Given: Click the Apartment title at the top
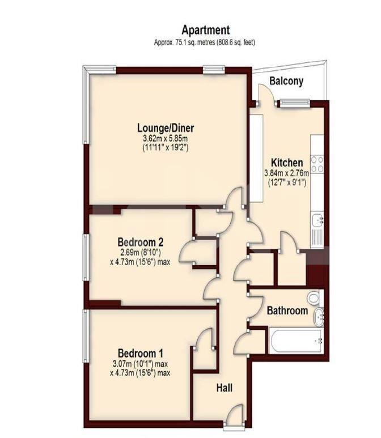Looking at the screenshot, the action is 205,30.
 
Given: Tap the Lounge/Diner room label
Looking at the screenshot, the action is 166,128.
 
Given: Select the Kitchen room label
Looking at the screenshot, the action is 287,162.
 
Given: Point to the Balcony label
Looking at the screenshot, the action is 286,80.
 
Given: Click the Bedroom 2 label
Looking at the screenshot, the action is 141,241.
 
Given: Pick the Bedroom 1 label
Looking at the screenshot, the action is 141,353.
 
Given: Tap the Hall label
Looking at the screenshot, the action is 225,388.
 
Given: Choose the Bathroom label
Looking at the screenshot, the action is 287,311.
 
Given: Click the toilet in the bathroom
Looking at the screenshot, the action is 315,298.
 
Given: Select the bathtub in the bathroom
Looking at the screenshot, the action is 295,341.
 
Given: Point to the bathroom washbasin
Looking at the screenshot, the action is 319,317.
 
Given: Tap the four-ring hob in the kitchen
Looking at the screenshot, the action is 317,164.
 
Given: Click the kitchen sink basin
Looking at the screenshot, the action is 317,220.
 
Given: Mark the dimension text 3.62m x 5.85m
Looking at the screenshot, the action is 165,138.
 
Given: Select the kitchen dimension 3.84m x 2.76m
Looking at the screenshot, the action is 287,173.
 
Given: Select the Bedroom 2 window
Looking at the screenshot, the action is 86,257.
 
